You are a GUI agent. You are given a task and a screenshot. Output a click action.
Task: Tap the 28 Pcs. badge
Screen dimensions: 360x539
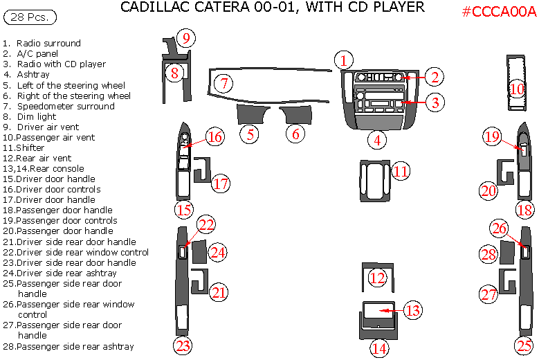[x=30, y=16]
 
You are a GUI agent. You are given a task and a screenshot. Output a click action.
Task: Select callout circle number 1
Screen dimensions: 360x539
[x=344, y=60]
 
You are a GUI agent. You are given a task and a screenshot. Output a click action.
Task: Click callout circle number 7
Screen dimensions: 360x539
[x=223, y=84]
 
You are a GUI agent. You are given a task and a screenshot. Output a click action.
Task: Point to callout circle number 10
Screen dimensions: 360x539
[x=518, y=89]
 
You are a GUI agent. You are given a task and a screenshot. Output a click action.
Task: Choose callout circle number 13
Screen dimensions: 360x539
[x=412, y=310]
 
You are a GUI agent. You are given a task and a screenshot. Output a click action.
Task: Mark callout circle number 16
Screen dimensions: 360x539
[x=214, y=137]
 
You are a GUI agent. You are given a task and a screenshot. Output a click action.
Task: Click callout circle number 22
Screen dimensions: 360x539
[x=206, y=224]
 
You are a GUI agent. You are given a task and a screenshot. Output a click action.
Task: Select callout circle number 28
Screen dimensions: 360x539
[x=489, y=255]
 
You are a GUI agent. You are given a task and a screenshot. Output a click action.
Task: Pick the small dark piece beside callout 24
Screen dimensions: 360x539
[x=199, y=252]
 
